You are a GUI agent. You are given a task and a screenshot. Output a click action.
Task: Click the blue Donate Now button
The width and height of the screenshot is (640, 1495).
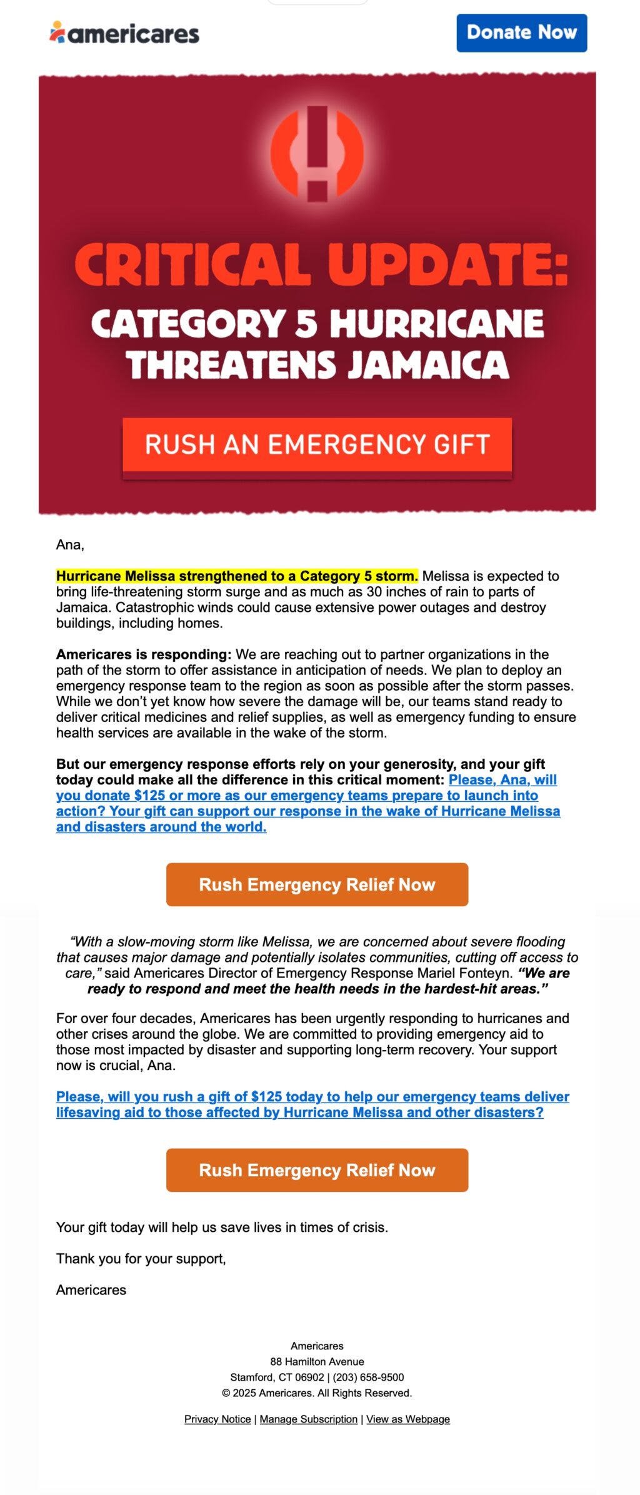(521, 32)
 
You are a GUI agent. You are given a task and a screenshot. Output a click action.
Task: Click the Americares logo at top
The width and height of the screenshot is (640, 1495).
(124, 33)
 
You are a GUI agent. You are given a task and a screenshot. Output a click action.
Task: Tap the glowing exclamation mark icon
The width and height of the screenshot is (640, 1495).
(317, 153)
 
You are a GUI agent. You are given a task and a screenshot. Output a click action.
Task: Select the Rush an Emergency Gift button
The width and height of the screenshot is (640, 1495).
(317, 444)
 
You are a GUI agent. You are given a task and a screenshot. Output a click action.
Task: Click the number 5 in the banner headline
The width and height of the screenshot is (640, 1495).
(306, 324)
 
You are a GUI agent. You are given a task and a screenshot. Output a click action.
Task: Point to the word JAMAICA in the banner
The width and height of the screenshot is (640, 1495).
(428, 365)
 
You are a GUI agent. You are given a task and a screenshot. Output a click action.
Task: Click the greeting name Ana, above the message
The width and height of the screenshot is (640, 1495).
(70, 545)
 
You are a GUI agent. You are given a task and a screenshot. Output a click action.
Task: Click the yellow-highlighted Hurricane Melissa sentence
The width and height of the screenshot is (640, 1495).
(237, 576)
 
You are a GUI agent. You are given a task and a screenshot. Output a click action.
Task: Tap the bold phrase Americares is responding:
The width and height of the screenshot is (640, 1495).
(144, 654)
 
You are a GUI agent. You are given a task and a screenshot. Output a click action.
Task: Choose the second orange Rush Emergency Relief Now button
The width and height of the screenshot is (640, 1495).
(317, 1170)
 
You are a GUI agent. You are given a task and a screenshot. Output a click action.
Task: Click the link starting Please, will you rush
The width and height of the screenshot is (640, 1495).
(312, 1104)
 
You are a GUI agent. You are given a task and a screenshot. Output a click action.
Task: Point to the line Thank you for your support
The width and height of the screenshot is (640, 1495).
(141, 1259)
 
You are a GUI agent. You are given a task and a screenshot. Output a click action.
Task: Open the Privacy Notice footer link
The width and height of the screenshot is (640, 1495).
(217, 1419)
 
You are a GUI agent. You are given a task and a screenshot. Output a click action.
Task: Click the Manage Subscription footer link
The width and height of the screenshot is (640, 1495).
(309, 1419)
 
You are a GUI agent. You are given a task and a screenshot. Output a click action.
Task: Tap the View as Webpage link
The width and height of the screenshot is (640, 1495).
(408, 1419)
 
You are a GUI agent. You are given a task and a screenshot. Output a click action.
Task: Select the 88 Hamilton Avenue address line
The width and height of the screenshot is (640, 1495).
(317, 1362)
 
